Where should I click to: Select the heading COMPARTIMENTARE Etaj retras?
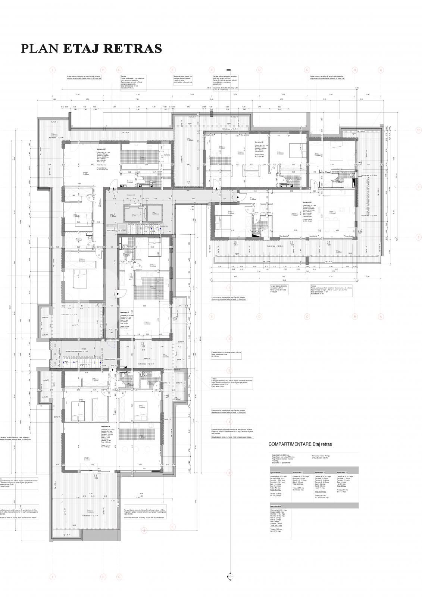300,444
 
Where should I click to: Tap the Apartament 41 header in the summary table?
298,473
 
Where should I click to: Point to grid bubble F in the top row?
173,70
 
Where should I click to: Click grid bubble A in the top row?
381,70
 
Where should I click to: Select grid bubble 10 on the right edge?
418,131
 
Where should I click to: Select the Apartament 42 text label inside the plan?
101,149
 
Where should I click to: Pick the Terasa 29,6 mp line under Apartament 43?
342,490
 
